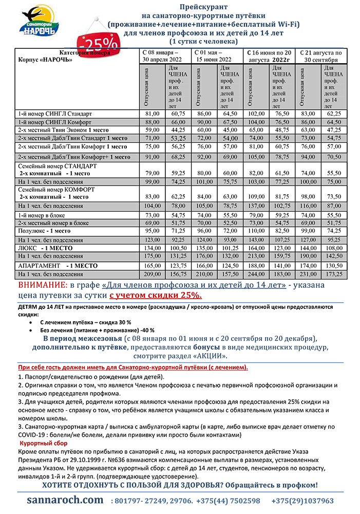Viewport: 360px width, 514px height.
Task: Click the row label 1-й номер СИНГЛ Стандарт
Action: click(55, 113)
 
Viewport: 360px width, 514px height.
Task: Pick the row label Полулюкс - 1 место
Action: click(44, 231)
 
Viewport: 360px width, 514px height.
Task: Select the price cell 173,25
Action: click(334, 274)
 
